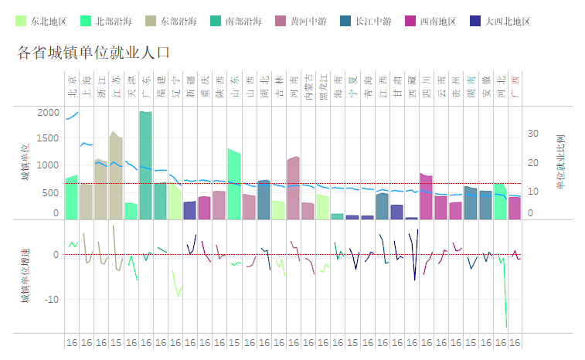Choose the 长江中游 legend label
(x=373, y=21)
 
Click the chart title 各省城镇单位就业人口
(x=94, y=53)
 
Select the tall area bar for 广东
(x=145, y=165)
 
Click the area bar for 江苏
(x=116, y=177)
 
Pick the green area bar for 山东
(x=233, y=185)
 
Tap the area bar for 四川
(x=426, y=196)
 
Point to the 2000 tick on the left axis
(x=48, y=113)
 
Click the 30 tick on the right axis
(x=532, y=134)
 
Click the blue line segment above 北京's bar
(x=72, y=116)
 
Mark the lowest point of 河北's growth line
(x=507, y=327)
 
